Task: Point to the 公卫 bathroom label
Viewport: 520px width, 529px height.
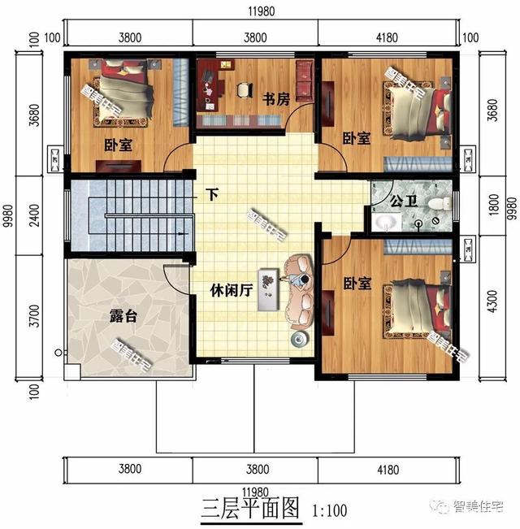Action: [404, 201]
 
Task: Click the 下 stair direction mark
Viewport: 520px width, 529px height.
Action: [212, 195]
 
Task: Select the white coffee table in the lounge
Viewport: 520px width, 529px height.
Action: [269, 289]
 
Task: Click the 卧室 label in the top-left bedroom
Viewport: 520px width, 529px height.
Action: [119, 145]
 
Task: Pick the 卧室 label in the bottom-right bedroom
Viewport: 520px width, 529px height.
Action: [357, 284]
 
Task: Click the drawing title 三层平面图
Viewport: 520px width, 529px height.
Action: [249, 509]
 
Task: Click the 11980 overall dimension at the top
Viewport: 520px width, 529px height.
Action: [259, 11]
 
